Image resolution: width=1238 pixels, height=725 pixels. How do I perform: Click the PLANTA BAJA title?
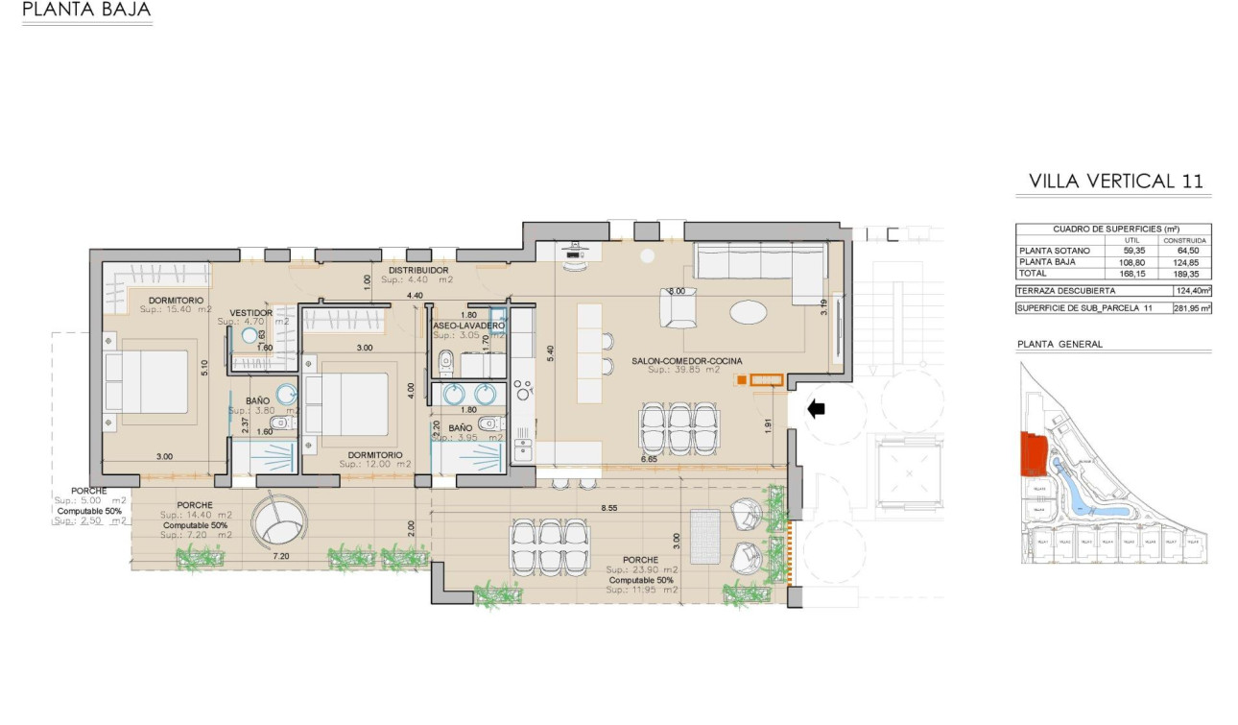pos(85,12)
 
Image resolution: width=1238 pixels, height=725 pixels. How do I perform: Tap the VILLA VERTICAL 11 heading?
pos(1115,181)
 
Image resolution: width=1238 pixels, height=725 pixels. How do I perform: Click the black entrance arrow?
pos(816,410)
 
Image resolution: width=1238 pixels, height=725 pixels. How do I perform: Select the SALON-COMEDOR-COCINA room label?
pos(686,361)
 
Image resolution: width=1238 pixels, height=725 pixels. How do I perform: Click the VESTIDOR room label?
pos(251,313)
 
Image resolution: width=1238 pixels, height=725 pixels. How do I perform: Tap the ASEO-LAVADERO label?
pos(468,326)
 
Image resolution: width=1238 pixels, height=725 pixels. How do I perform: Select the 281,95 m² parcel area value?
pos(1190,308)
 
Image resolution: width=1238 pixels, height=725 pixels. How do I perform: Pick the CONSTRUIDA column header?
pos(1190,240)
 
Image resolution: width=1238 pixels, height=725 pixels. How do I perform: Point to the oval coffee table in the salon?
pos(748,313)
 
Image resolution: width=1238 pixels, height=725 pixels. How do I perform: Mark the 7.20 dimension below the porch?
pos(281,557)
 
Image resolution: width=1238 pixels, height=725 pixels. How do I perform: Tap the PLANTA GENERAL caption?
pos(1059,344)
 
